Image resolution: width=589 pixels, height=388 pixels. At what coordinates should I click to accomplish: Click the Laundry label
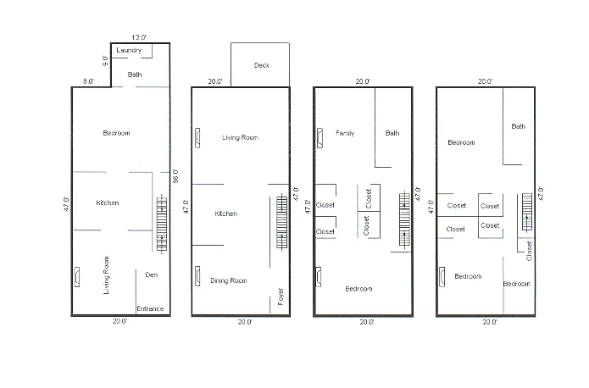pyautogui.click(x=130, y=51)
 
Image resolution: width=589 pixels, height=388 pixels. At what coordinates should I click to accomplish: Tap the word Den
pyautogui.click(x=151, y=274)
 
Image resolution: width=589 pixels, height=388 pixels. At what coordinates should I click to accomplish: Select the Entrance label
pyautogui.click(x=150, y=308)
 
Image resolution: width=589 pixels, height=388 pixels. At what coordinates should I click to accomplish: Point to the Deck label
pyautogui.click(x=261, y=65)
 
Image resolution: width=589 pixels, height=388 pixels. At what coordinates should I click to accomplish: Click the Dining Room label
pyautogui.click(x=228, y=280)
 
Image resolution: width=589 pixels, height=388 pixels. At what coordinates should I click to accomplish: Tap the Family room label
pyautogui.click(x=345, y=133)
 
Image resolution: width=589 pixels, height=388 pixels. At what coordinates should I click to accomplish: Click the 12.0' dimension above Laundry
pyautogui.click(x=140, y=37)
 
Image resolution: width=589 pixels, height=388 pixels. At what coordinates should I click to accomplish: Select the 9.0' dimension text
pyautogui.click(x=106, y=62)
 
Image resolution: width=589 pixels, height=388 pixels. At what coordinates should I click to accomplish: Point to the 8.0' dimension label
pyautogui.click(x=88, y=81)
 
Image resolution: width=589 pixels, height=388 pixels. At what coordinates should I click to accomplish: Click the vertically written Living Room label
pyautogui.click(x=107, y=274)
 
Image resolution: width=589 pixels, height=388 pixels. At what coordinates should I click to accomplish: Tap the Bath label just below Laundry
pyautogui.click(x=134, y=75)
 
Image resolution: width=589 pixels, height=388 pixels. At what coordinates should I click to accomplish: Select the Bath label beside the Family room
pyautogui.click(x=392, y=132)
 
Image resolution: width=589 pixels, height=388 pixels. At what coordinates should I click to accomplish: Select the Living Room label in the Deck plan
pyautogui.click(x=240, y=137)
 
